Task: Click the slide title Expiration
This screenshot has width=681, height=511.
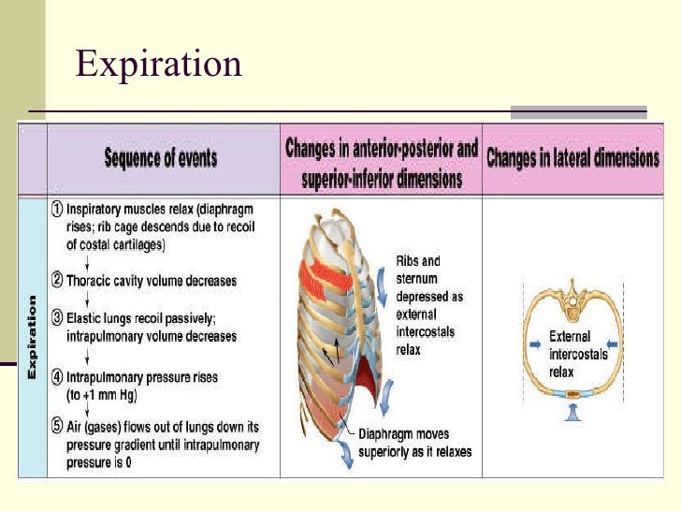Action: pos(158,65)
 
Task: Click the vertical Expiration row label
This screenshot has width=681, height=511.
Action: pos(32,337)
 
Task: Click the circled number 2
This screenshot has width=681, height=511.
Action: pos(57,280)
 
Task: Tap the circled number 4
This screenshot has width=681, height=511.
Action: pos(57,377)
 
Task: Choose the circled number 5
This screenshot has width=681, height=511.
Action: pos(57,427)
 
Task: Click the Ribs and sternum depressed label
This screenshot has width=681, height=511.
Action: pos(418,305)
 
